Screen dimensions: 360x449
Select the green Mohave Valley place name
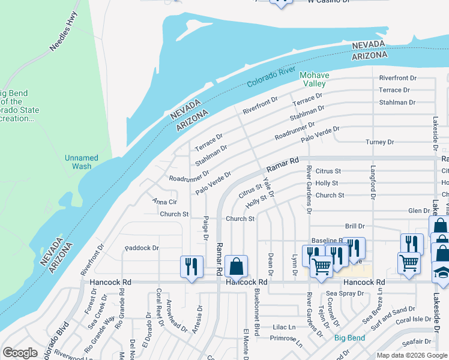tap(315, 79)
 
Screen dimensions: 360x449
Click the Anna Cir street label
tap(164, 202)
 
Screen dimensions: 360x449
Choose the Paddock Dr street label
tap(142, 247)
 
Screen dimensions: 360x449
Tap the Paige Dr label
tap(205, 228)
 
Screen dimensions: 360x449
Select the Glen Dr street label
tap(418, 211)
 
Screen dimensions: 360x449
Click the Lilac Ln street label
tap(284, 327)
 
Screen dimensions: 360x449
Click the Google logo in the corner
tap(20, 353)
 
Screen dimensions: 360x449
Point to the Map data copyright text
tap(411, 355)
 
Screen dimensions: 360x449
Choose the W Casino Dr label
tap(327, 2)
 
